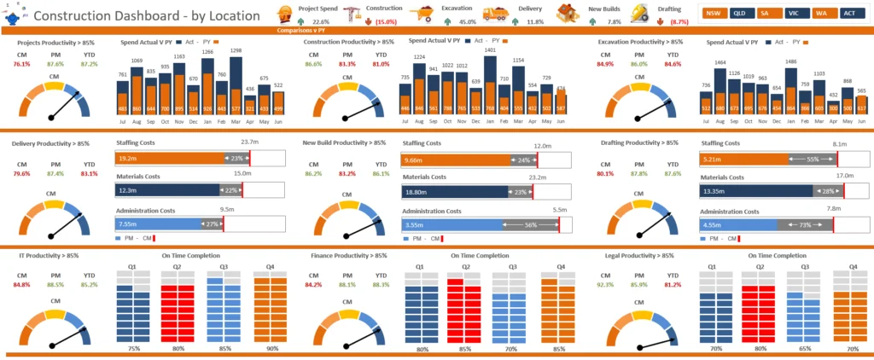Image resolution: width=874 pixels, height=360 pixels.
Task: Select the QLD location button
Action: pyautogui.click(x=742, y=14)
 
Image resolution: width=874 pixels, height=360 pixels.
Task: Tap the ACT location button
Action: pyautogui.click(x=850, y=14)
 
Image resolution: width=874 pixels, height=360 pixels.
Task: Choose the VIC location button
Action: pyautogui.click(x=795, y=14)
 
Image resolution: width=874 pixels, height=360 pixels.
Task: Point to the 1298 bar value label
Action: pyautogui.click(x=236, y=51)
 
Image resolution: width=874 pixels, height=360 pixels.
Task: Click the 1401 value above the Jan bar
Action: pyautogui.click(x=489, y=50)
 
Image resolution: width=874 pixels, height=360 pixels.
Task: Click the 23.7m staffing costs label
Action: pyautogui.click(x=249, y=142)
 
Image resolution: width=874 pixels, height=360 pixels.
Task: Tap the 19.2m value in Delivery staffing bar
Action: pyautogui.click(x=129, y=159)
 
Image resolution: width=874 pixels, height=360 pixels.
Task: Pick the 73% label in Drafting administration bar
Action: pyautogui.click(x=805, y=225)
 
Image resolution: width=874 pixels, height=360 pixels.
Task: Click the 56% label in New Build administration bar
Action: pyautogui.click(x=531, y=225)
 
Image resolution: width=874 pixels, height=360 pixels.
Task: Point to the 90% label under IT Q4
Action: pyautogui.click(x=271, y=348)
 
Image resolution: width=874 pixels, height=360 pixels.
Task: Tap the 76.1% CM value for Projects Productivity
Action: pyautogui.click(x=22, y=64)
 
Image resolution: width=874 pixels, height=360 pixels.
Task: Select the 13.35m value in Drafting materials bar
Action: pyautogui.click(x=714, y=192)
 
